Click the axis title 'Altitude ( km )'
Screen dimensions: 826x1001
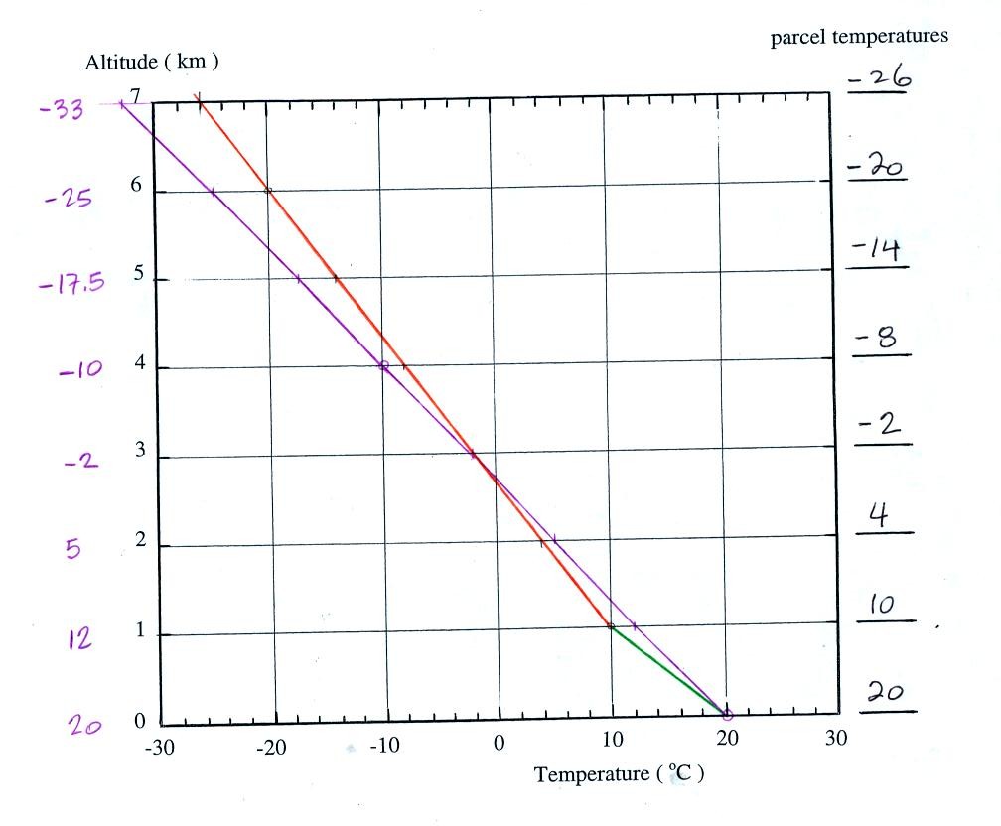tap(152, 62)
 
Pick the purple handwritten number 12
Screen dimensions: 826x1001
tap(79, 638)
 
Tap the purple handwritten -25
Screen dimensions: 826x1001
tap(69, 201)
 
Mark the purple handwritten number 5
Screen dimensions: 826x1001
tap(72, 549)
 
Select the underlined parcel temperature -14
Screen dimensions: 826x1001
tap(875, 251)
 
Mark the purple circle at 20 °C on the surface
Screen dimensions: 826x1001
tap(727, 714)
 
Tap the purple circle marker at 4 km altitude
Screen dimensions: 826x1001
tap(383, 366)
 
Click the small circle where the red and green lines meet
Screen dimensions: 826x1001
tap(610, 626)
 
